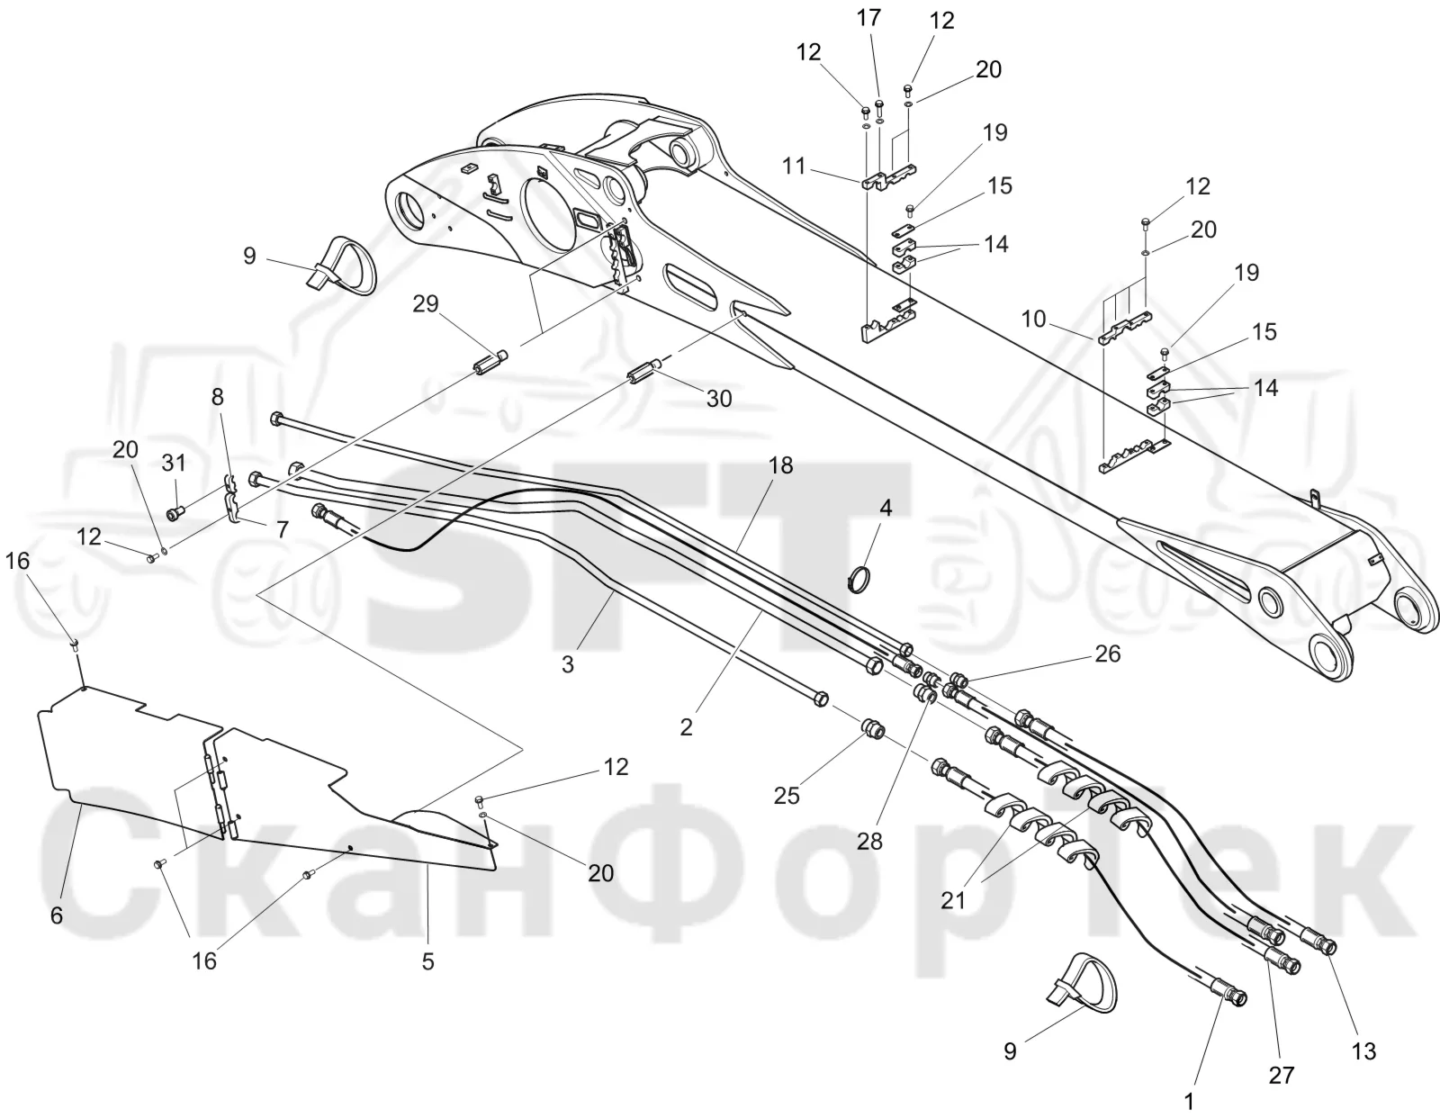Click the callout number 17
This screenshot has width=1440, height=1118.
point(868,18)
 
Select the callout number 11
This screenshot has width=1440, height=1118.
point(794,167)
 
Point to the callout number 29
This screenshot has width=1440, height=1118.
point(426,304)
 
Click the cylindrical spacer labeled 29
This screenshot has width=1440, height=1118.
point(490,363)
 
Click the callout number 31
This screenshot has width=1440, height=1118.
point(174,463)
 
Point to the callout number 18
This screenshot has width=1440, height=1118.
point(781,466)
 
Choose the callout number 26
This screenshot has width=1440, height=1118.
point(1107,654)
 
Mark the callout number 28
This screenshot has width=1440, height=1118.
point(869,842)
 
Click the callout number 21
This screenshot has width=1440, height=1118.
point(953,901)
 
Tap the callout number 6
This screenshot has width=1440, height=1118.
point(57,915)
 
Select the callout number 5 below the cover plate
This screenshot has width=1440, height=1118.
point(428,961)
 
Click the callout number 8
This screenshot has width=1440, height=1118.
point(218,397)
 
